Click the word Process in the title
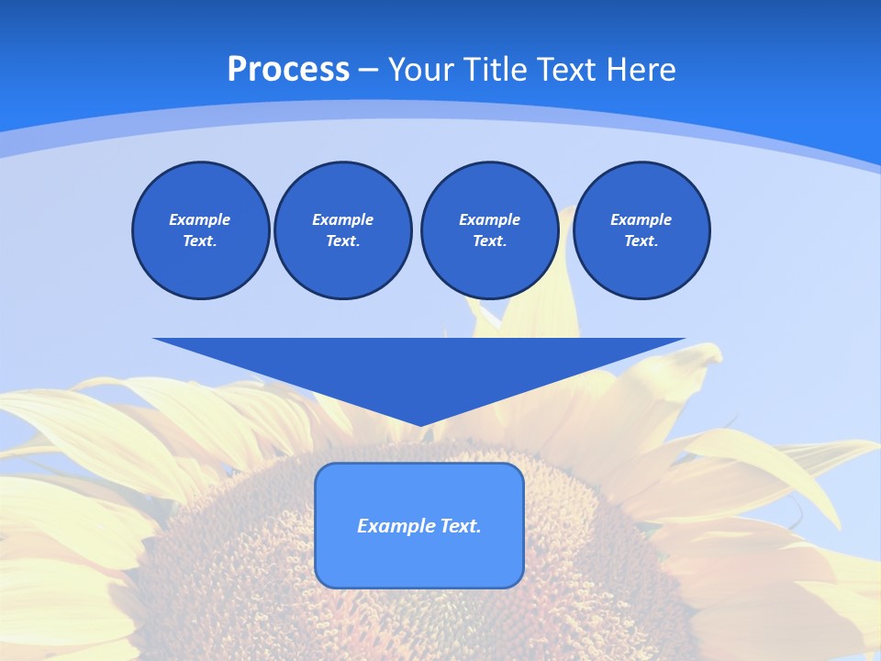(x=288, y=70)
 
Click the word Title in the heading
(x=495, y=70)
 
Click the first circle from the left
(x=200, y=230)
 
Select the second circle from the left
(x=342, y=230)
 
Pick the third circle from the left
(x=489, y=230)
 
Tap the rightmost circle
(x=641, y=230)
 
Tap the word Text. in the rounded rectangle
(x=459, y=526)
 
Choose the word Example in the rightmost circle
(x=641, y=219)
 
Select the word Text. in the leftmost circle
(x=200, y=241)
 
